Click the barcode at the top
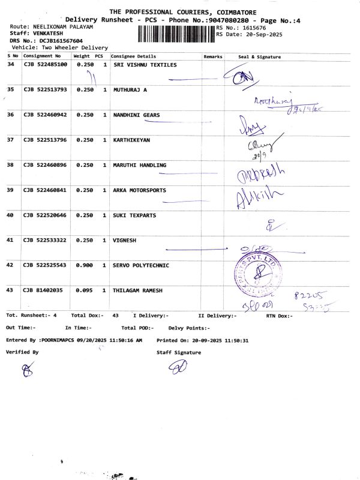coord(176,34)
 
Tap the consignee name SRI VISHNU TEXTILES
coord(145,65)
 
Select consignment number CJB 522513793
coord(45,90)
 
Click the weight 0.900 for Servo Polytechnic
coord(85,265)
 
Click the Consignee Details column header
coord(133,56)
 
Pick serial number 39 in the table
coord(10,190)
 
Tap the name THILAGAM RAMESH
coord(141,290)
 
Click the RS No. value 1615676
coord(253,28)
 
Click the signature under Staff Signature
coord(178,367)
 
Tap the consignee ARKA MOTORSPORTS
coord(140,190)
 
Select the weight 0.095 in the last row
coord(85,290)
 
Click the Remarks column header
coord(213,56)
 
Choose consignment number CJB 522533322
coord(45,240)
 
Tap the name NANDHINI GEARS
coord(137,115)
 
